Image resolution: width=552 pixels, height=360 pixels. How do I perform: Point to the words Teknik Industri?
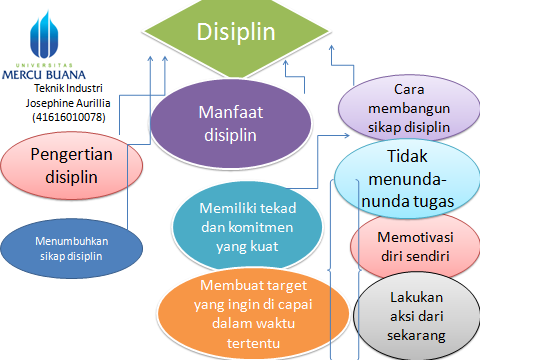(67, 89)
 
